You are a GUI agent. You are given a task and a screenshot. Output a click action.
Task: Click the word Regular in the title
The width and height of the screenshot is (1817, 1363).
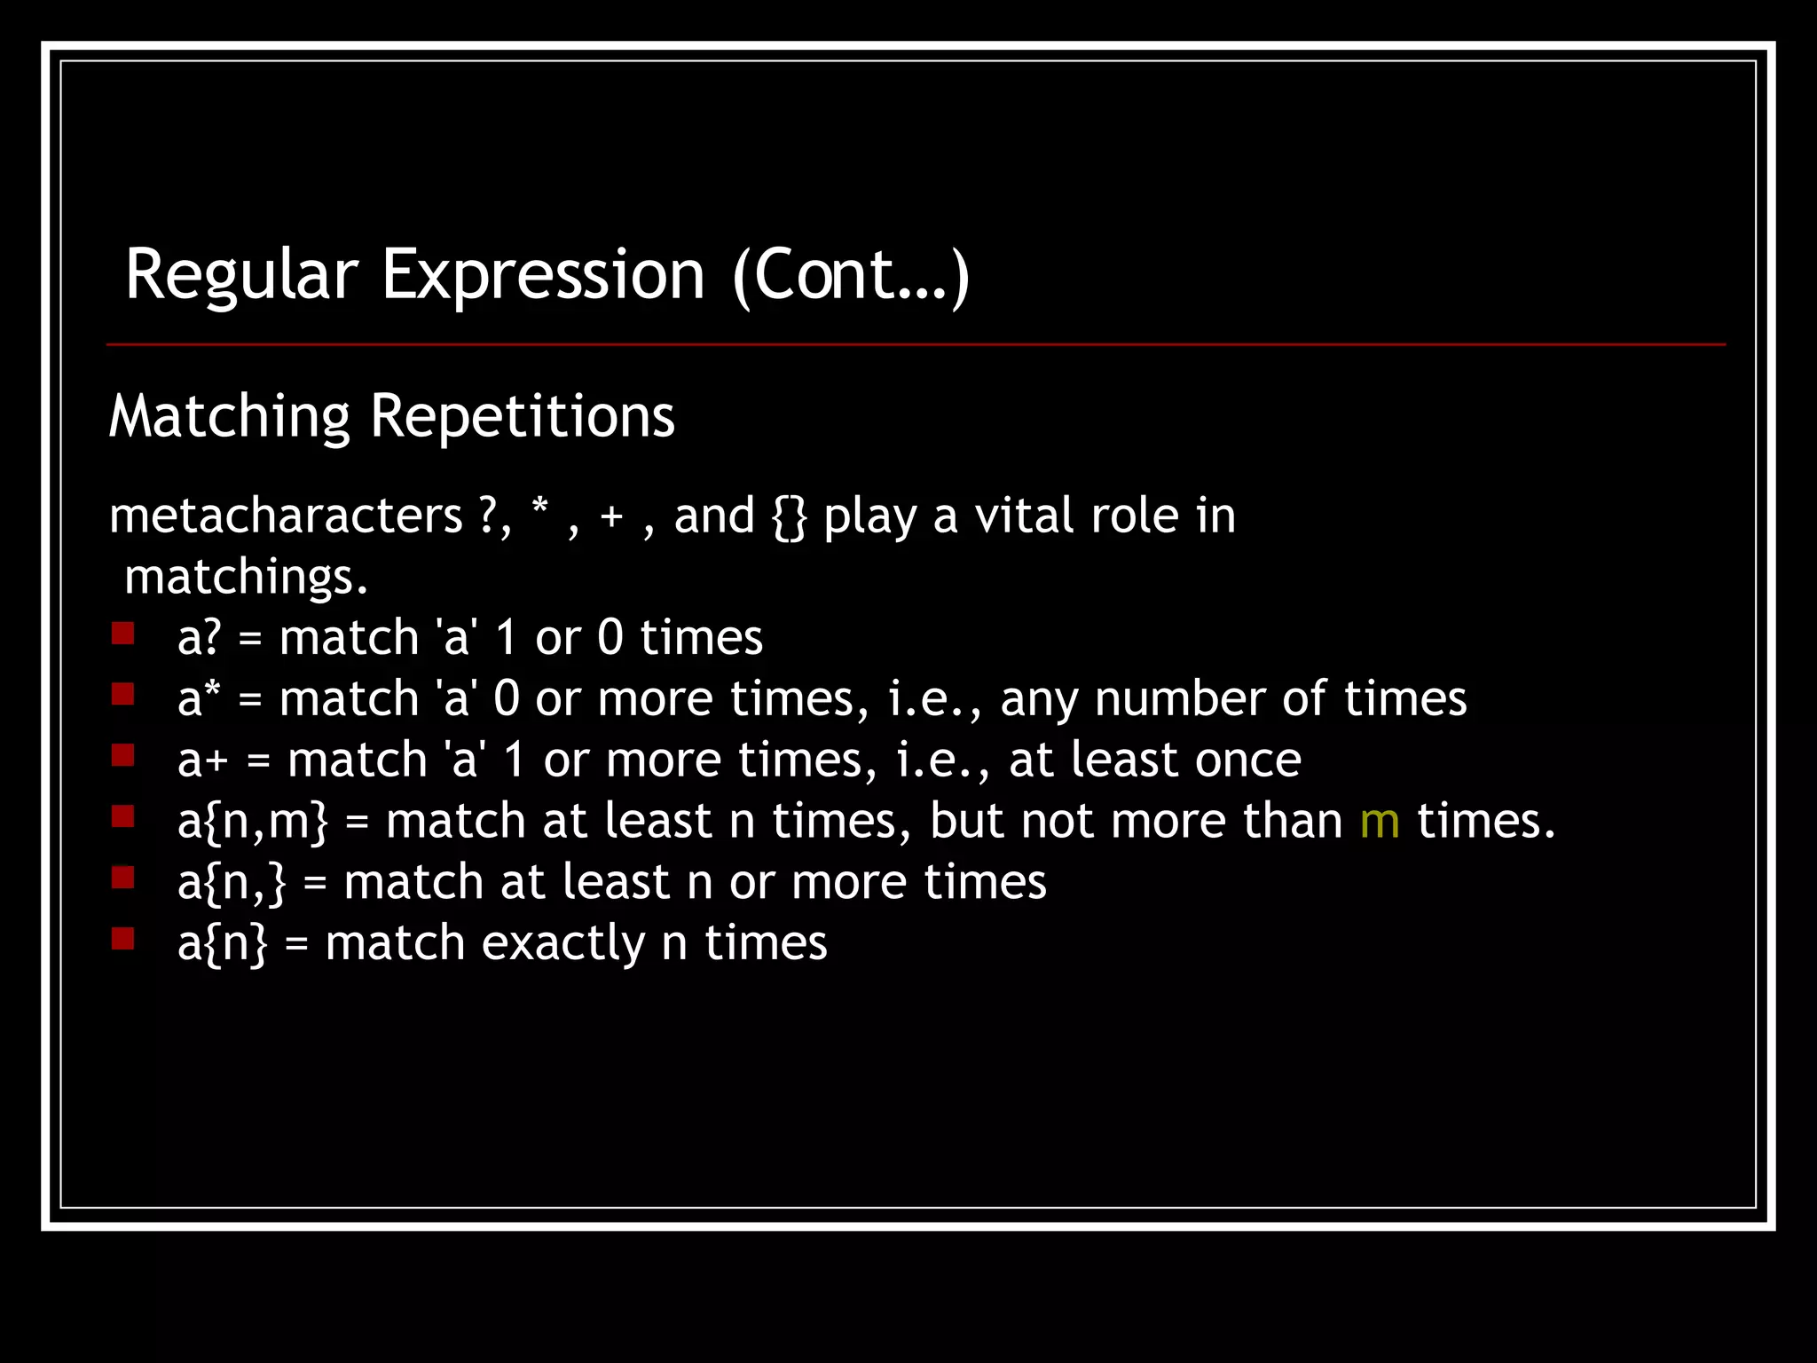coord(241,276)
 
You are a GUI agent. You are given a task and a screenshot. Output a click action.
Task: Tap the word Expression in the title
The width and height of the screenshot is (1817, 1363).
coord(543,276)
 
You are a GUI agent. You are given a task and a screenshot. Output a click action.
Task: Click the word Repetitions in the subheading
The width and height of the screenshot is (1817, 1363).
coord(522,416)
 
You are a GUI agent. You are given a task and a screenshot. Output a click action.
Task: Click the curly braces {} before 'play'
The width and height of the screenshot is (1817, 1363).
coord(789,517)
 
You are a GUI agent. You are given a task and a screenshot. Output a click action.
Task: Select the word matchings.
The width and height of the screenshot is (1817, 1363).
coord(246,578)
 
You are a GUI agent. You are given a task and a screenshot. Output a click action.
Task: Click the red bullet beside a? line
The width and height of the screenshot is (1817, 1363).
coord(123,634)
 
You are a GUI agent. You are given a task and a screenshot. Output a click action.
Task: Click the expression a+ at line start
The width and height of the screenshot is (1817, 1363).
coord(203,760)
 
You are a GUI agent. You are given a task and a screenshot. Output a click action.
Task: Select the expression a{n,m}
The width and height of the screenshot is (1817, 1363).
coord(253,822)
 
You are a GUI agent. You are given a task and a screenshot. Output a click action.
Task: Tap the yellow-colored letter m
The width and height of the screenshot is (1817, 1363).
coord(1380,822)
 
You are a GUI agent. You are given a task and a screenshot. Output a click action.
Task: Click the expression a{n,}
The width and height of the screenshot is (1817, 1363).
coord(232,883)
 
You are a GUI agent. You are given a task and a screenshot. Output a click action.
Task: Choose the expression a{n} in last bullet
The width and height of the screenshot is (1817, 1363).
coord(222,943)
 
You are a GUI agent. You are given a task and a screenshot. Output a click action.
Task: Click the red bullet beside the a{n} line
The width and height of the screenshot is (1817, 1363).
coord(123,939)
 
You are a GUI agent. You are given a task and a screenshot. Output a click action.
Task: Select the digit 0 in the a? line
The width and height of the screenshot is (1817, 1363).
coord(610,638)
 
